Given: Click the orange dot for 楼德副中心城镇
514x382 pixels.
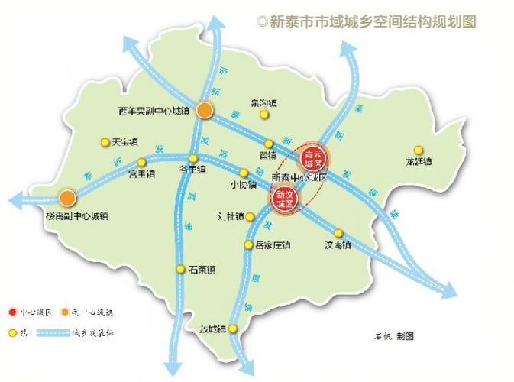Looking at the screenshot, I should (x=68, y=198).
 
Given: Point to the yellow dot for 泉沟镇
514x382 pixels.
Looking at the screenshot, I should (x=264, y=115).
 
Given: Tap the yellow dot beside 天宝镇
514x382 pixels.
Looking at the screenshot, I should (x=105, y=142).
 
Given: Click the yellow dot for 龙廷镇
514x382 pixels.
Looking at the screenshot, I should (x=418, y=150).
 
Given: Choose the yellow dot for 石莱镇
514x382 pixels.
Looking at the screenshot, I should (x=181, y=268).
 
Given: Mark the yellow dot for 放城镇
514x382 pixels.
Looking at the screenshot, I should (x=234, y=329).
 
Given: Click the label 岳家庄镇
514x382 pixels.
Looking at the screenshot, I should (x=273, y=246).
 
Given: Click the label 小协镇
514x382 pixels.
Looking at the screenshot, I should (x=243, y=184).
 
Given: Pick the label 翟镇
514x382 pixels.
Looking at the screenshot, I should (x=267, y=154).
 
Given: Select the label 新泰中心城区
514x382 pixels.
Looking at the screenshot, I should (x=299, y=177).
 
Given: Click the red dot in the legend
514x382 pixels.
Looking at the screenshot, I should (x=12, y=312).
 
